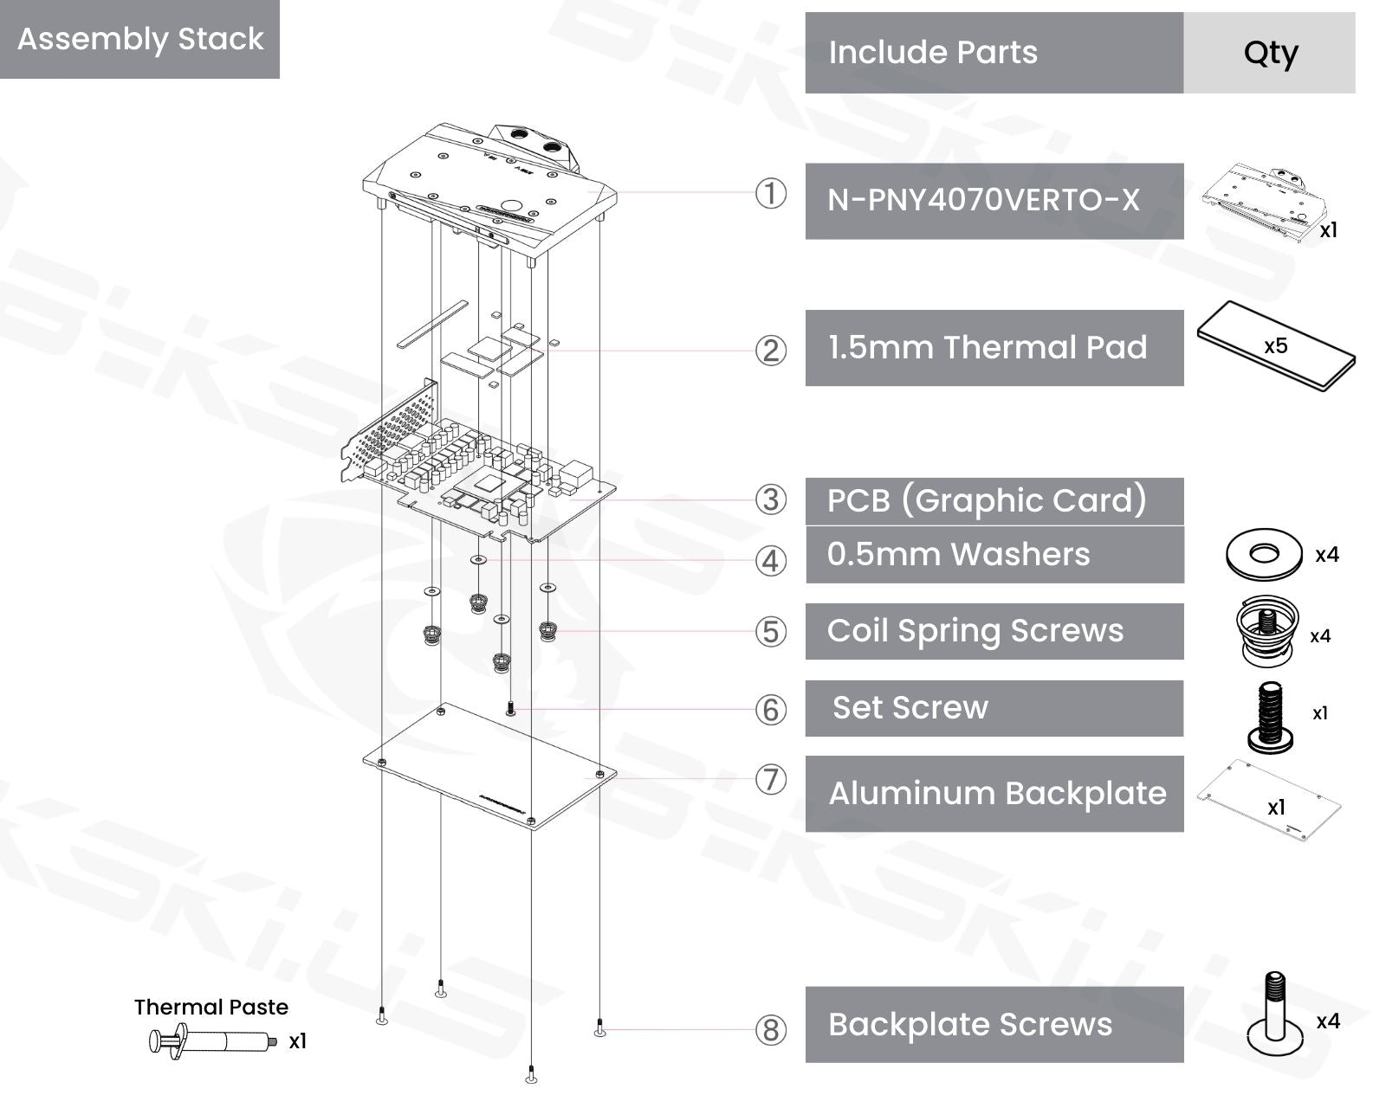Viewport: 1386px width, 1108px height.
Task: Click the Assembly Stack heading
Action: point(140,39)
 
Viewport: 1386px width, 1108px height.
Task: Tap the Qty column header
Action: point(1270,53)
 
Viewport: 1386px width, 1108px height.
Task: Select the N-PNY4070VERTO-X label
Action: point(983,200)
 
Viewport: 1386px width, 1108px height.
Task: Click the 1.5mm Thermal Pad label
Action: point(988,347)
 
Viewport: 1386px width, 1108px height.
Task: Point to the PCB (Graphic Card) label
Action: point(987,500)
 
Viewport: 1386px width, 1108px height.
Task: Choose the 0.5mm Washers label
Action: point(958,554)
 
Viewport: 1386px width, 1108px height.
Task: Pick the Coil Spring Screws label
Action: point(975,631)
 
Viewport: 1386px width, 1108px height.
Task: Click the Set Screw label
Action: point(910,708)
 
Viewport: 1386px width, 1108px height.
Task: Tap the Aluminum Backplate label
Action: point(997,794)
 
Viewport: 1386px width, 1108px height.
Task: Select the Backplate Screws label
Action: point(969,1024)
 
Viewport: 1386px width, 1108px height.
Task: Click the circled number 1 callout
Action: point(771,193)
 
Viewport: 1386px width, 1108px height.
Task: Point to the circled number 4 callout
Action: point(771,561)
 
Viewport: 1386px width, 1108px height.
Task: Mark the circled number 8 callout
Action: point(771,1030)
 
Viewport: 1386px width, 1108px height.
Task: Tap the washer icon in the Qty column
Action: point(1264,553)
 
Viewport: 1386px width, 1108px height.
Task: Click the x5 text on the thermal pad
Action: point(1275,346)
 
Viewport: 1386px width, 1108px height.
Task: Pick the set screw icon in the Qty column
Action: point(1270,715)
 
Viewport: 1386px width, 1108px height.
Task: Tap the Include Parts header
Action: point(933,53)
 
